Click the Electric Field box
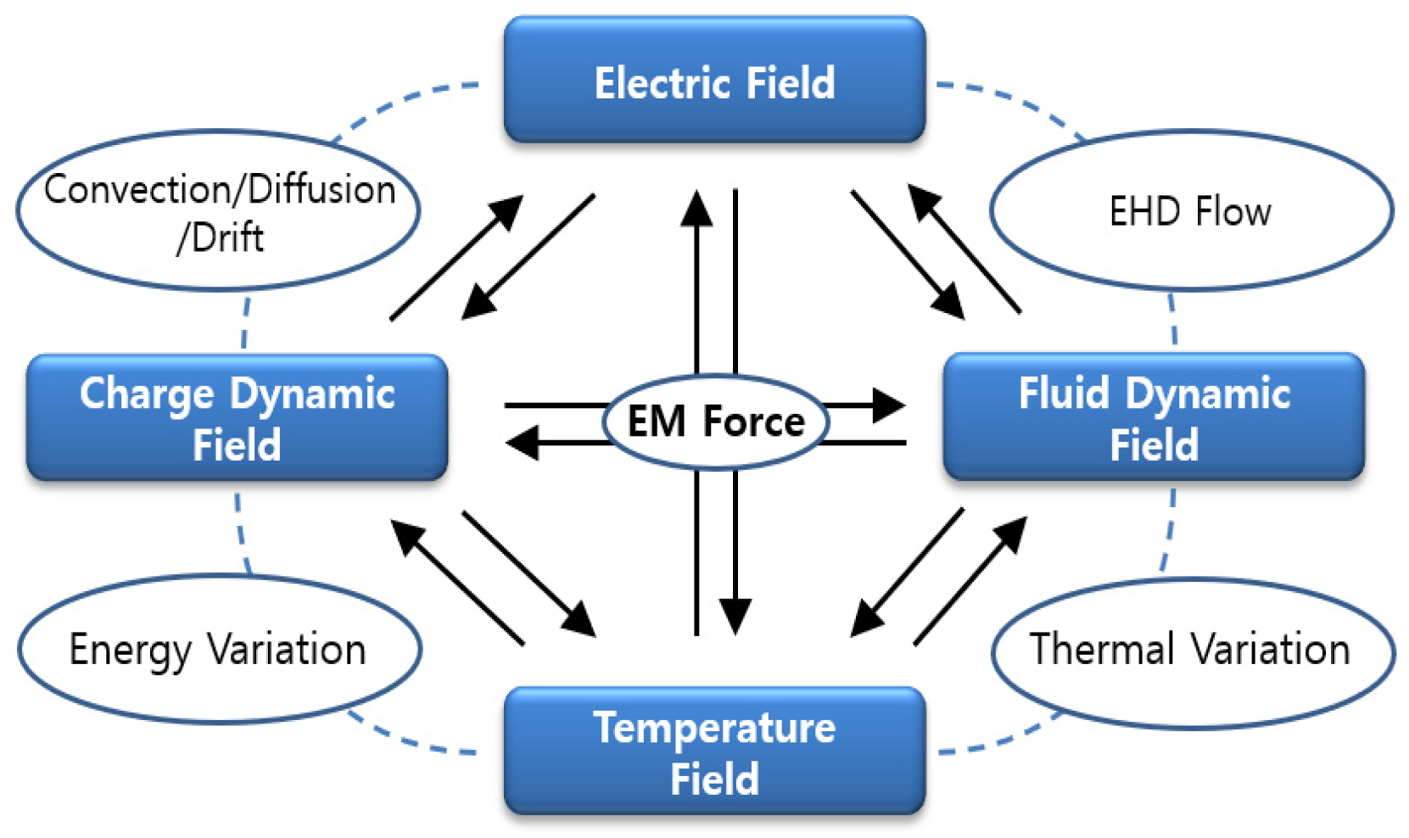714,81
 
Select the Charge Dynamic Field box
237,418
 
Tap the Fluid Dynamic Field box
1154,418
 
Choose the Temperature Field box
714,751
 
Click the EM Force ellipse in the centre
715,422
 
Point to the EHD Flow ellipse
1191,210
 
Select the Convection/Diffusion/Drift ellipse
219,210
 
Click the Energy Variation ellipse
219,650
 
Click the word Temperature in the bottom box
714,728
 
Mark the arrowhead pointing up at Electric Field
697,208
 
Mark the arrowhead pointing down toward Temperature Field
735,615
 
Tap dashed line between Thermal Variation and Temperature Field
1001,743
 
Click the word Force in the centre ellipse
754,422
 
